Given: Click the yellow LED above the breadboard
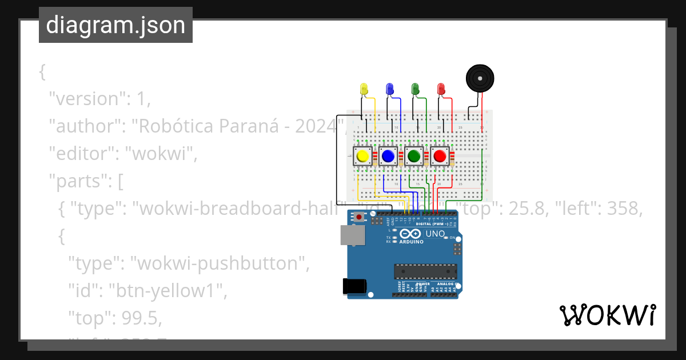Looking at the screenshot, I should click(x=364, y=89).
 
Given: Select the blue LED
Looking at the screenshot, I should click(x=390, y=89).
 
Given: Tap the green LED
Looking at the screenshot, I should click(x=415, y=89).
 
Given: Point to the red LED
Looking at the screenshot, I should click(x=441, y=89).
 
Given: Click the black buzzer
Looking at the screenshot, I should click(x=479, y=78).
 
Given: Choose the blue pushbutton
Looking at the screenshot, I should click(x=388, y=156).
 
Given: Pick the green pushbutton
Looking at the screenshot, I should click(x=414, y=156).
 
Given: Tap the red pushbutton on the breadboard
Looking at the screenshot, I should click(x=440, y=156).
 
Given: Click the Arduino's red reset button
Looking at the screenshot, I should click(x=359, y=217).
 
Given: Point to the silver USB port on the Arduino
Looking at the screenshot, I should click(x=352, y=235).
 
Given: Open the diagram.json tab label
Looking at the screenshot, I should click(x=115, y=25).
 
